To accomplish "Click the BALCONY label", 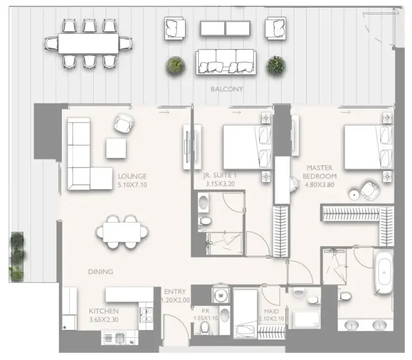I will click(226, 89).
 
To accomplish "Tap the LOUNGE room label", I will click(133, 177).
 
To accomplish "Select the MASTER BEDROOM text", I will click(320, 172).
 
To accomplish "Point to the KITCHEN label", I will click(103, 311).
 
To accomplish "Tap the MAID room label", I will click(269, 311).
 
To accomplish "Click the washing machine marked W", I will click(220, 295).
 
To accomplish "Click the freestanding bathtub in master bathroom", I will click(383, 274).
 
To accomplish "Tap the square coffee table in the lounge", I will click(116, 148).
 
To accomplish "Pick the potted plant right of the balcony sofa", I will click(276, 65).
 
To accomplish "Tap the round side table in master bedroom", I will click(355, 193).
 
